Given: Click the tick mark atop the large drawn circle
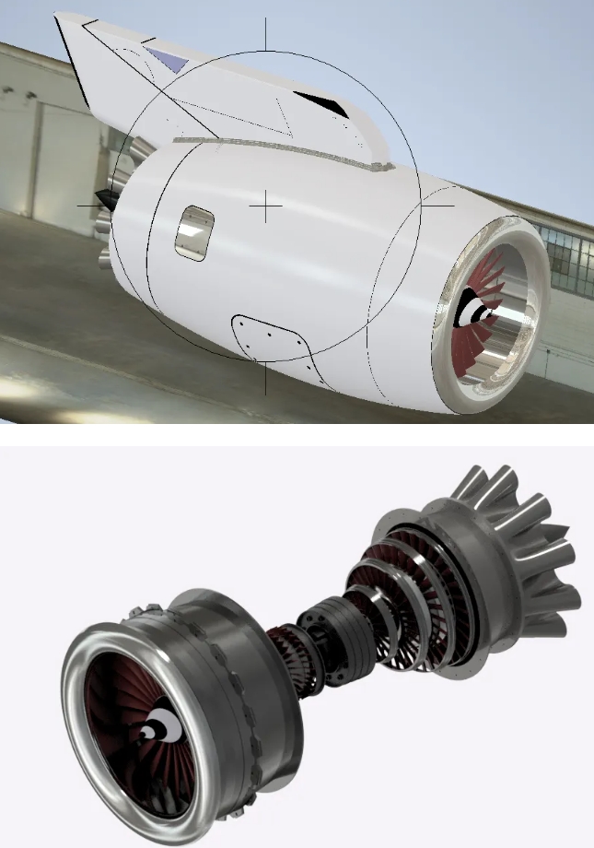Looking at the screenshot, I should click(266, 34).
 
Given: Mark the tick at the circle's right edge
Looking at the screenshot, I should click(438, 206).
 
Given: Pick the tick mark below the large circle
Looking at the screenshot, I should click(266, 378).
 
